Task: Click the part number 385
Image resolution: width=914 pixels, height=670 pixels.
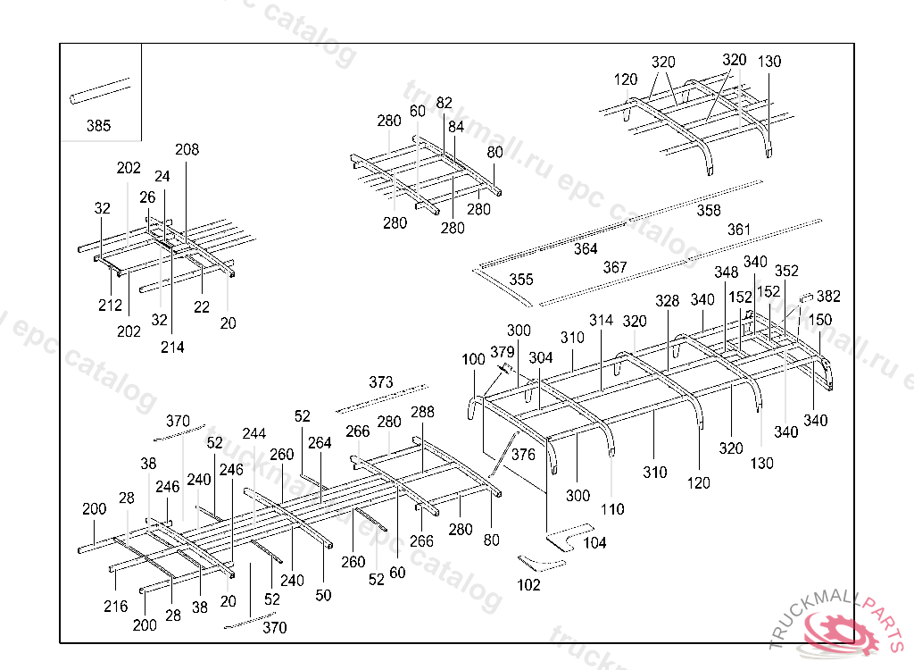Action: pos(98,126)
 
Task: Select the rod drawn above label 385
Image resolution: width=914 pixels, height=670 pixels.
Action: pos(98,92)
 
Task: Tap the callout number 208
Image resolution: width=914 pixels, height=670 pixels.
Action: pos(187,149)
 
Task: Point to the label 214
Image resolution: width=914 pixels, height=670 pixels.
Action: pos(172,347)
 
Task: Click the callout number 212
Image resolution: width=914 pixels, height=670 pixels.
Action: pos(110,306)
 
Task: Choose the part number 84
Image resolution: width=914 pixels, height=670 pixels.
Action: pos(456,127)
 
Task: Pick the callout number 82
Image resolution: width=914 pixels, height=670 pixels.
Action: pos(444,103)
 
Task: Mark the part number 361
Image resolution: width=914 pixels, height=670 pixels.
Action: pos(738,230)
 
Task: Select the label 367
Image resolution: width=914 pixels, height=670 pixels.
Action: pos(614,267)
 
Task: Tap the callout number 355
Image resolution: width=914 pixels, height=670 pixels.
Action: pos(520,280)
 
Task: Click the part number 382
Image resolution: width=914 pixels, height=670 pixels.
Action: pos(828,297)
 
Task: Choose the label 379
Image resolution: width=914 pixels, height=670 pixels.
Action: pos(503,352)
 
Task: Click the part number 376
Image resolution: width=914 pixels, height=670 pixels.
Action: pos(523,455)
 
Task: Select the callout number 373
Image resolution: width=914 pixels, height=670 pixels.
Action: pos(380,382)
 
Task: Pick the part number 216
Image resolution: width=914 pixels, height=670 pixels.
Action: pos(115,607)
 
